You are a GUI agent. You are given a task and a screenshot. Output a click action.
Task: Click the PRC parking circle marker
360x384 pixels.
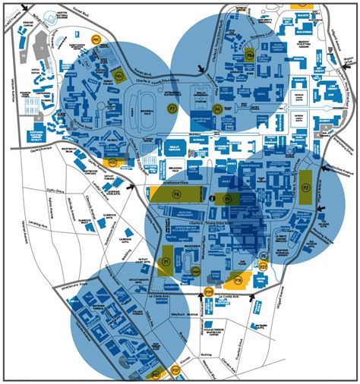pyautogui.click(x=96, y=39)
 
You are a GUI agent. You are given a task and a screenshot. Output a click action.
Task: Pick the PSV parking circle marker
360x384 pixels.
pyautogui.click(x=118, y=74)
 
